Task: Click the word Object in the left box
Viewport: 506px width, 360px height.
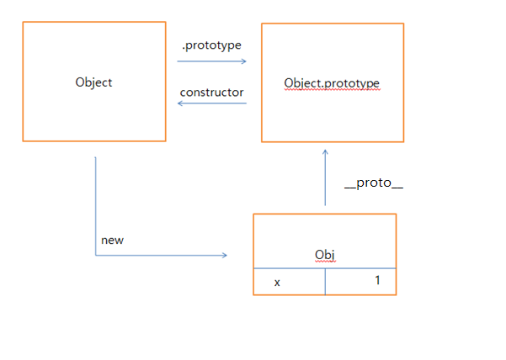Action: [x=93, y=82]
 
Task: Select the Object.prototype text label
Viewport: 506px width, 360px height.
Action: [x=332, y=83]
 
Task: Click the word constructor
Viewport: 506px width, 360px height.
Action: [x=211, y=92]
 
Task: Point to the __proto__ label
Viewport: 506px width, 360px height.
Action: [x=374, y=183]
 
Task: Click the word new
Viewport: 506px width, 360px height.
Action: [x=112, y=240]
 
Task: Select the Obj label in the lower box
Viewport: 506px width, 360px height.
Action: [x=325, y=254]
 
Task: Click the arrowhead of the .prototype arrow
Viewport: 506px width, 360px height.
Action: [x=243, y=61]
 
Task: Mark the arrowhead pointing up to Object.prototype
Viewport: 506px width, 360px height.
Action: [x=325, y=154]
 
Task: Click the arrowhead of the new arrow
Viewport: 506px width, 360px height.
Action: [x=224, y=255]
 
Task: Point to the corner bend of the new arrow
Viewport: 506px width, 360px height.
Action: [x=96, y=255]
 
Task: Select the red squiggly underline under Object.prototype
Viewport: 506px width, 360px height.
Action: [x=332, y=89]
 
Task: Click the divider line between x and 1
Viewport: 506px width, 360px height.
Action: [x=325, y=282]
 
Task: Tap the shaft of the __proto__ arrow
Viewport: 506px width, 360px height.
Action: [x=325, y=181]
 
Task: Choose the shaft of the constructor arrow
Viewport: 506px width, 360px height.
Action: [x=215, y=103]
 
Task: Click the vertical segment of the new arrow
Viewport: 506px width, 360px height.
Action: [x=96, y=206]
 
